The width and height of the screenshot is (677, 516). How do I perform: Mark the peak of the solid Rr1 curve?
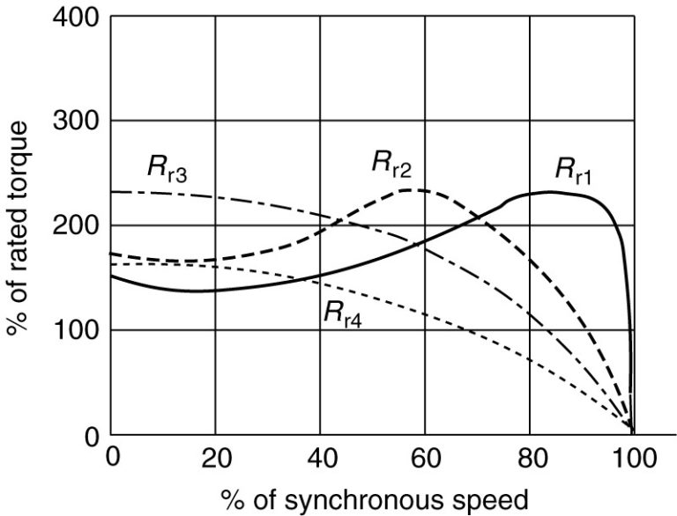[550, 191]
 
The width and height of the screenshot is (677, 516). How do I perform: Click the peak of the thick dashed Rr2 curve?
[411, 189]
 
